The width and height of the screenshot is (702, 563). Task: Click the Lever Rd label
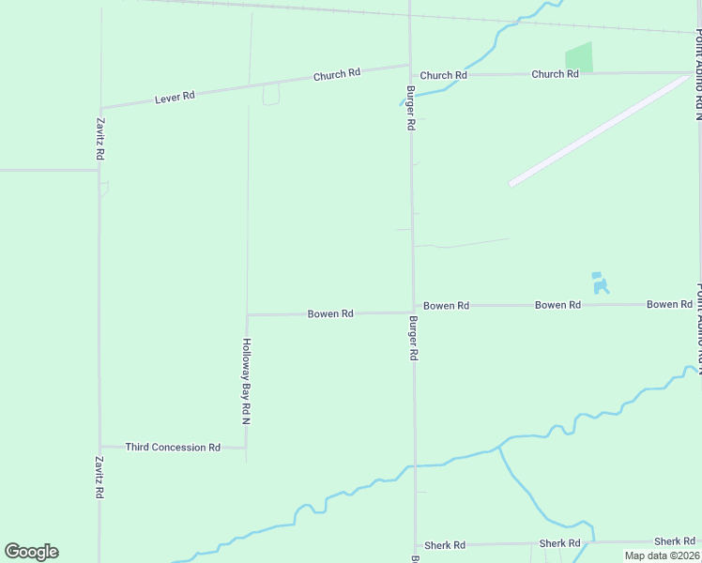pos(175,96)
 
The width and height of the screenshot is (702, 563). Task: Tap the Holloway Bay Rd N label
pos(246,381)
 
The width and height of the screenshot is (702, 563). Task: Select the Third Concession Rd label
pos(173,448)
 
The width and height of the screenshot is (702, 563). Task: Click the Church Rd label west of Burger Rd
pos(337,75)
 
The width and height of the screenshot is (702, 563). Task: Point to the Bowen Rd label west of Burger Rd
pos(330,313)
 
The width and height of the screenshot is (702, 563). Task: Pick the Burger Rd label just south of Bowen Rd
pos(413,339)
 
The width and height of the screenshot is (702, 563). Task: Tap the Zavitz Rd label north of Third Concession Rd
pos(99,139)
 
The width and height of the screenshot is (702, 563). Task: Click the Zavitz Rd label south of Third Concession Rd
pos(99,478)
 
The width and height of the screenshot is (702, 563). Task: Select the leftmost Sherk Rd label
pos(445,545)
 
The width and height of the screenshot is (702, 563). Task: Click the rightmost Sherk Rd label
pos(675,541)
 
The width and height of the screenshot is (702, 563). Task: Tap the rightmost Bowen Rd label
pos(669,305)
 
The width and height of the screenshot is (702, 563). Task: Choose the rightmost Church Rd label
pos(555,74)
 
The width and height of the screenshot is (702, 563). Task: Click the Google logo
pos(31,552)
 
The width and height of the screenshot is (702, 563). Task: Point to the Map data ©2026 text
pos(662,555)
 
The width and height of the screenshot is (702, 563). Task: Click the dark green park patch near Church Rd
pos(579,58)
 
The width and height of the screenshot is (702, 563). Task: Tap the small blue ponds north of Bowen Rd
pos(601,282)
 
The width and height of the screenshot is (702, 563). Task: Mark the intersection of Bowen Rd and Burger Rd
pos(413,310)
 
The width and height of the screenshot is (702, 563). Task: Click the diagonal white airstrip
pos(601,129)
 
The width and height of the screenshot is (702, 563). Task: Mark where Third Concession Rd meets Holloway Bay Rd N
pos(247,448)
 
